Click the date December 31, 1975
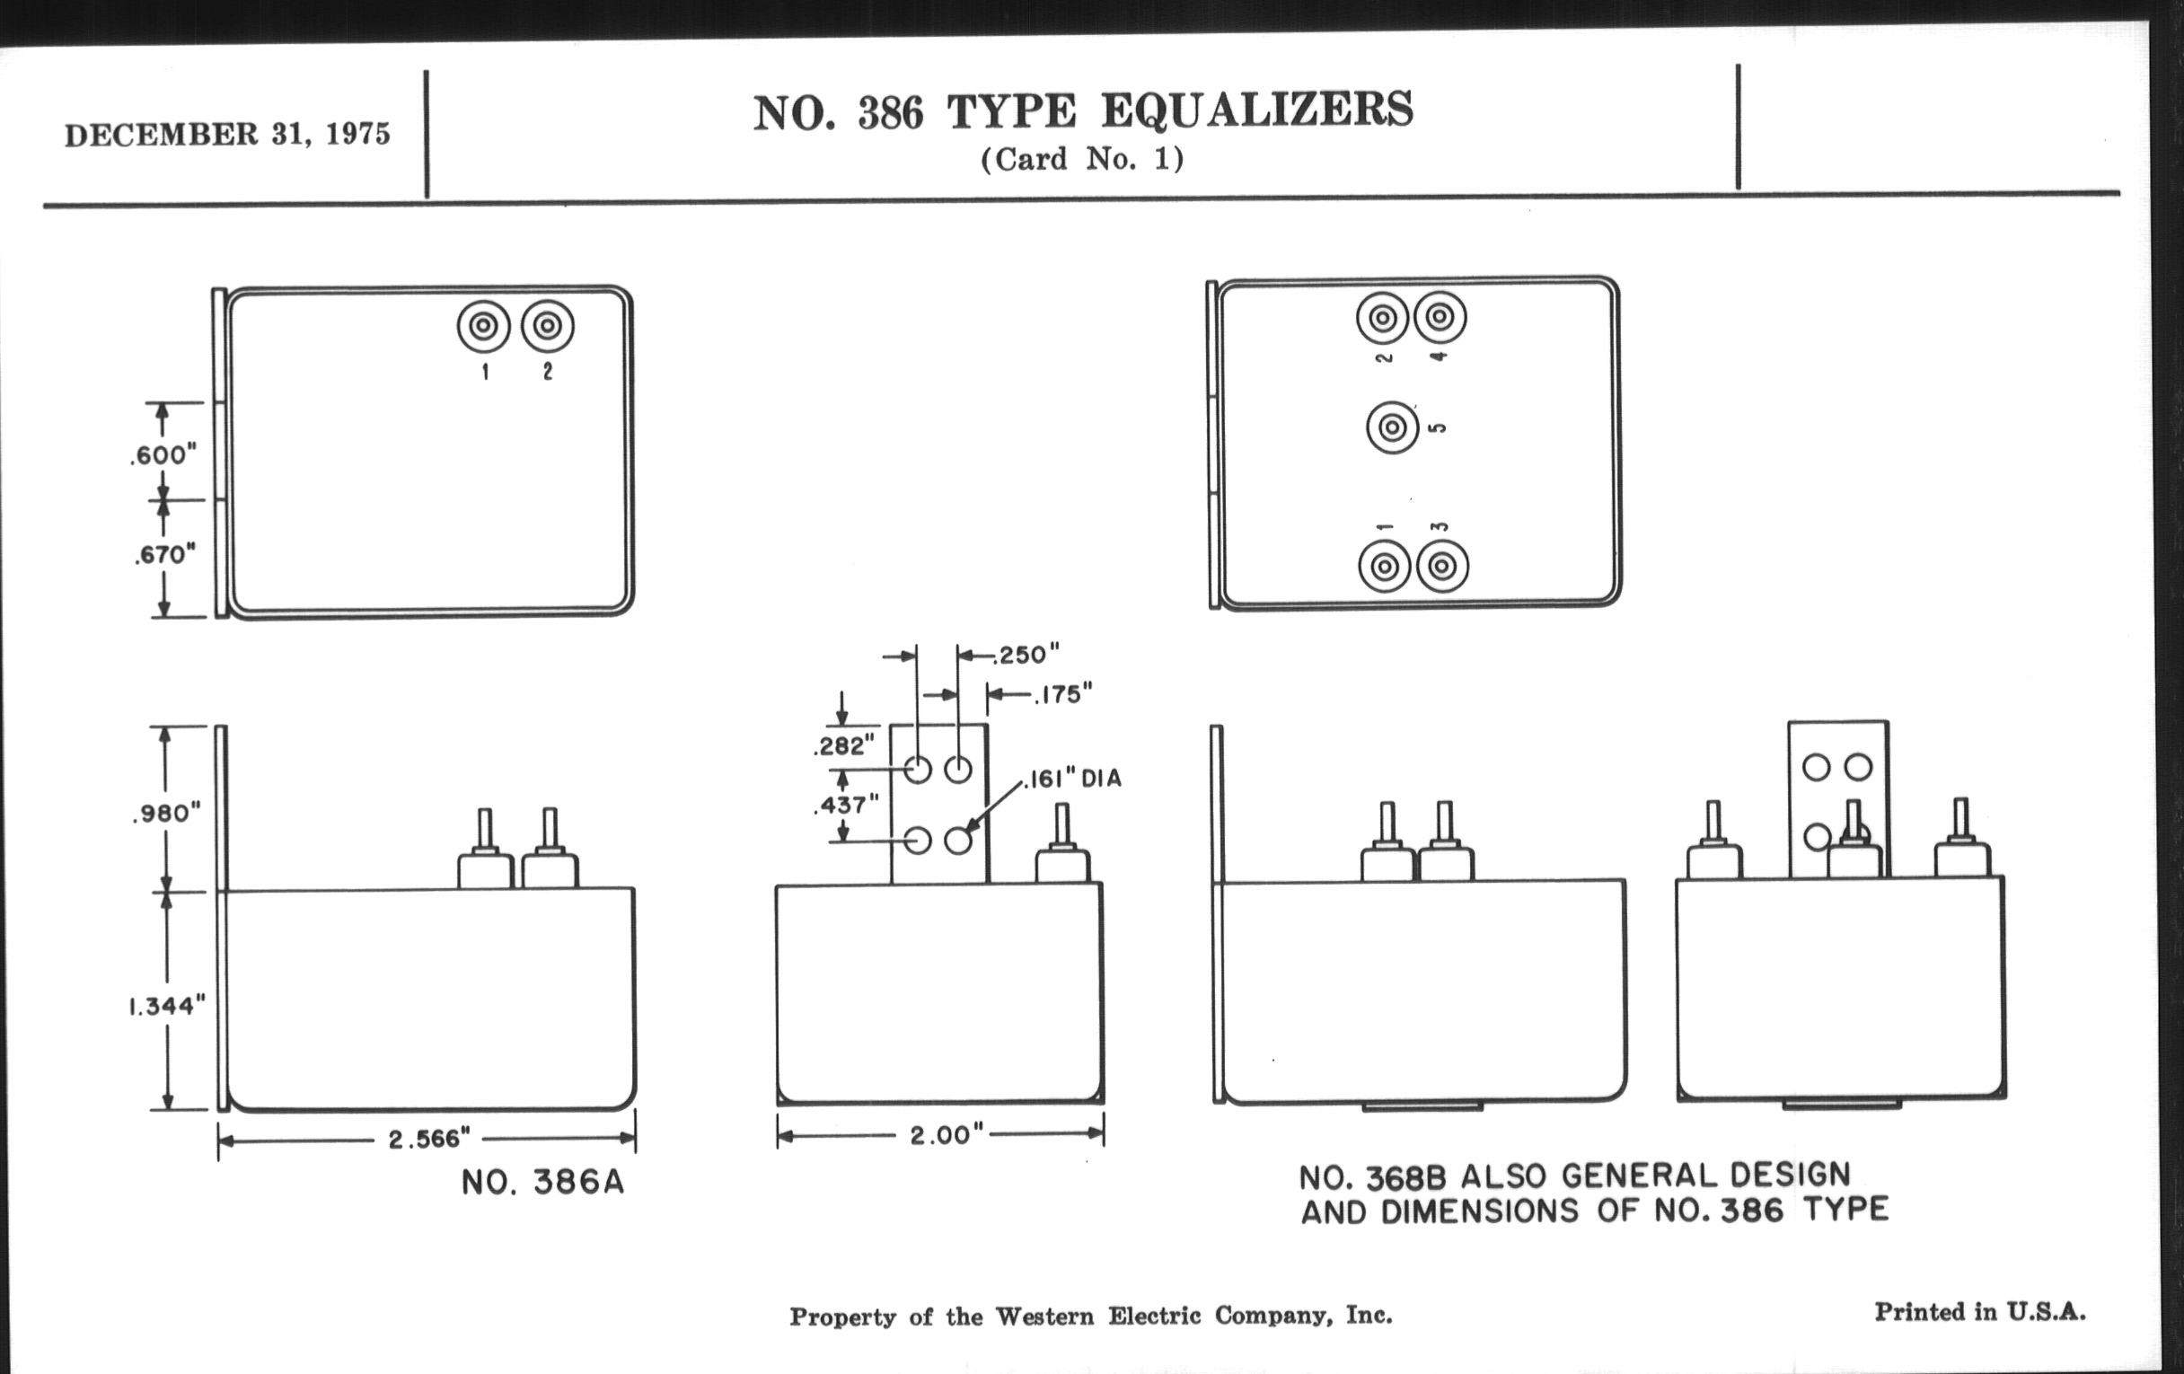tap(226, 134)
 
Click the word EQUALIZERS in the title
tap(1257, 110)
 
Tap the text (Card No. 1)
tap(1082, 160)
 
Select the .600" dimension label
tap(163, 455)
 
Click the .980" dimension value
tap(165, 814)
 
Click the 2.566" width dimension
tap(429, 1139)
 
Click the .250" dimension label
tap(1026, 655)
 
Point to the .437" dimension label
tap(845, 805)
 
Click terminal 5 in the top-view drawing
tap(1392, 427)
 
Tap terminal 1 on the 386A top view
tap(483, 326)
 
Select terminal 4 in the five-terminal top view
tap(1440, 318)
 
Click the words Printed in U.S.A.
tap(1980, 1311)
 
